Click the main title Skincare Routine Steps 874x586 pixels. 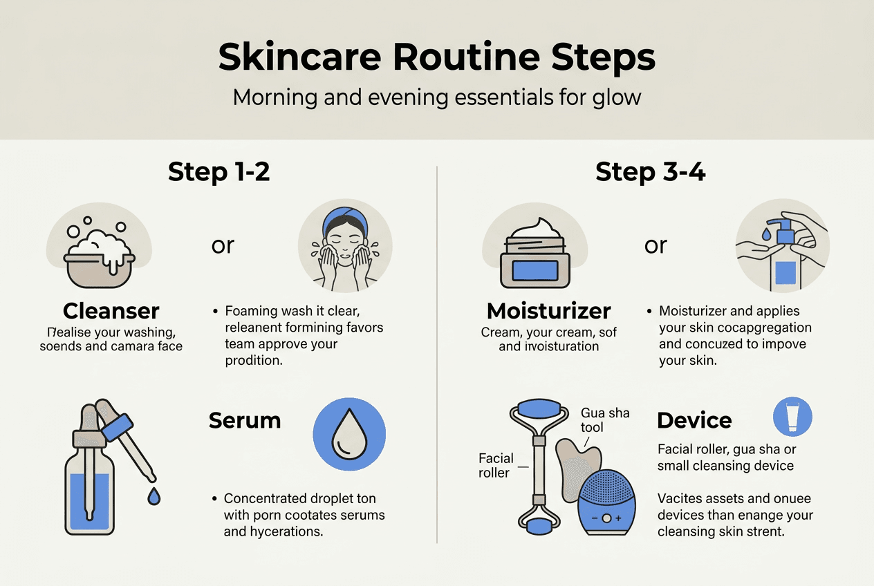click(437, 58)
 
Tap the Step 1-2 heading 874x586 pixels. click(218, 172)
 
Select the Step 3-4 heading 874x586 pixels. click(650, 172)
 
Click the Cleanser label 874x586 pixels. click(111, 310)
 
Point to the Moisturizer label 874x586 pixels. click(548, 310)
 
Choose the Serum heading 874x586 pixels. click(245, 420)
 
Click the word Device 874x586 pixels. click(694, 420)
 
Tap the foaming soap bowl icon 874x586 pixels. click(100, 253)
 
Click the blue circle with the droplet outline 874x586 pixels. click(349, 433)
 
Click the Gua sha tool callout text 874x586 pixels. click(605, 420)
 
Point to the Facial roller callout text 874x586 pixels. click(496, 465)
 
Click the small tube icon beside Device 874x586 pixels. click(792, 417)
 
